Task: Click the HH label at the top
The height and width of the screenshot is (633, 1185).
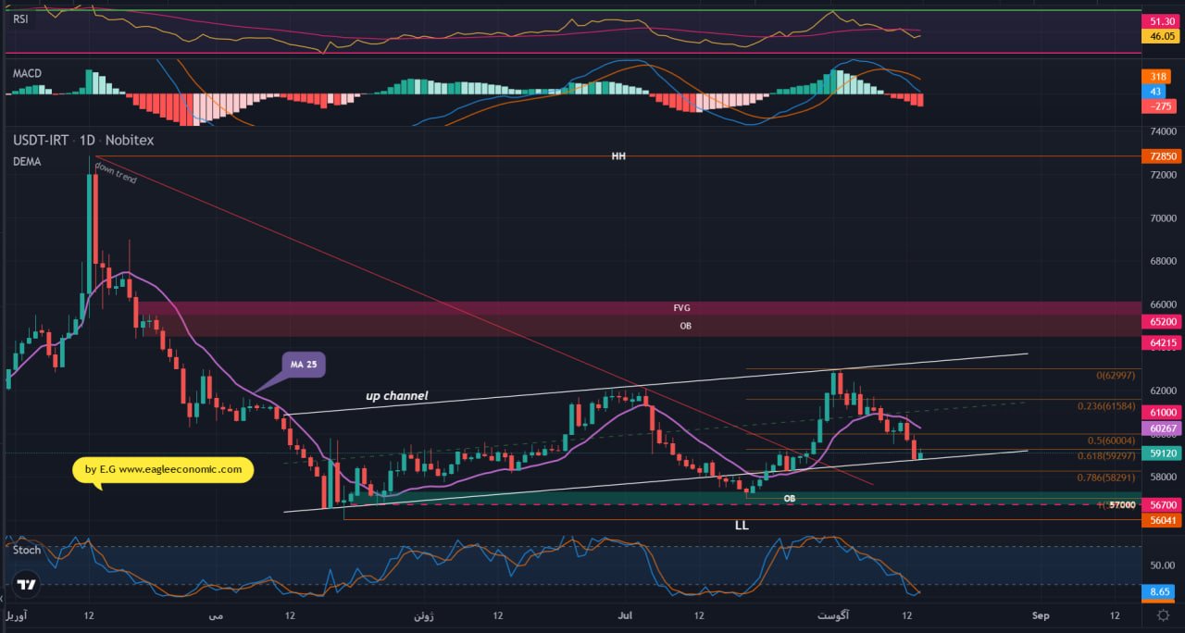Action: point(618,156)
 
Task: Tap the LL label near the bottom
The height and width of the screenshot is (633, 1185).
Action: point(742,525)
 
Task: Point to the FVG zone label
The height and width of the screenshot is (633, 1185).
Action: point(682,307)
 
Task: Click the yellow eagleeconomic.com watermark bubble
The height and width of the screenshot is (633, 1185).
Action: point(163,469)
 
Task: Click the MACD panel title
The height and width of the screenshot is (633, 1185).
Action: point(27,73)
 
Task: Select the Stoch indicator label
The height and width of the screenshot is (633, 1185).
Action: point(27,550)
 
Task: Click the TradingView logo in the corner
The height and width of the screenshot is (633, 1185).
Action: point(27,585)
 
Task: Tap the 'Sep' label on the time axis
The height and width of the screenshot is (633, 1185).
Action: point(1041,615)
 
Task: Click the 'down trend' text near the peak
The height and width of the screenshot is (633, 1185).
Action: point(115,173)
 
